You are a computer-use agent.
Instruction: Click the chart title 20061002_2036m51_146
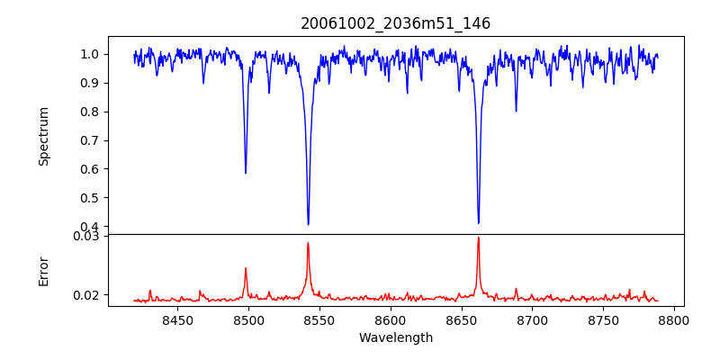(x=395, y=23)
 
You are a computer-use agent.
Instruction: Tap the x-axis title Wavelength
(x=395, y=337)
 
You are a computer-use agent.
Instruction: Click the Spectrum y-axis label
(x=44, y=136)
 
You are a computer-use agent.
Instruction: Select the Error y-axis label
(x=44, y=271)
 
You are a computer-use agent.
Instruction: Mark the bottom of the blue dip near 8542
(x=308, y=224)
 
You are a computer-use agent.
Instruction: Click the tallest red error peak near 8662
(x=478, y=238)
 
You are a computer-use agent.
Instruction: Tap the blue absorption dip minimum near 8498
(x=246, y=173)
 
